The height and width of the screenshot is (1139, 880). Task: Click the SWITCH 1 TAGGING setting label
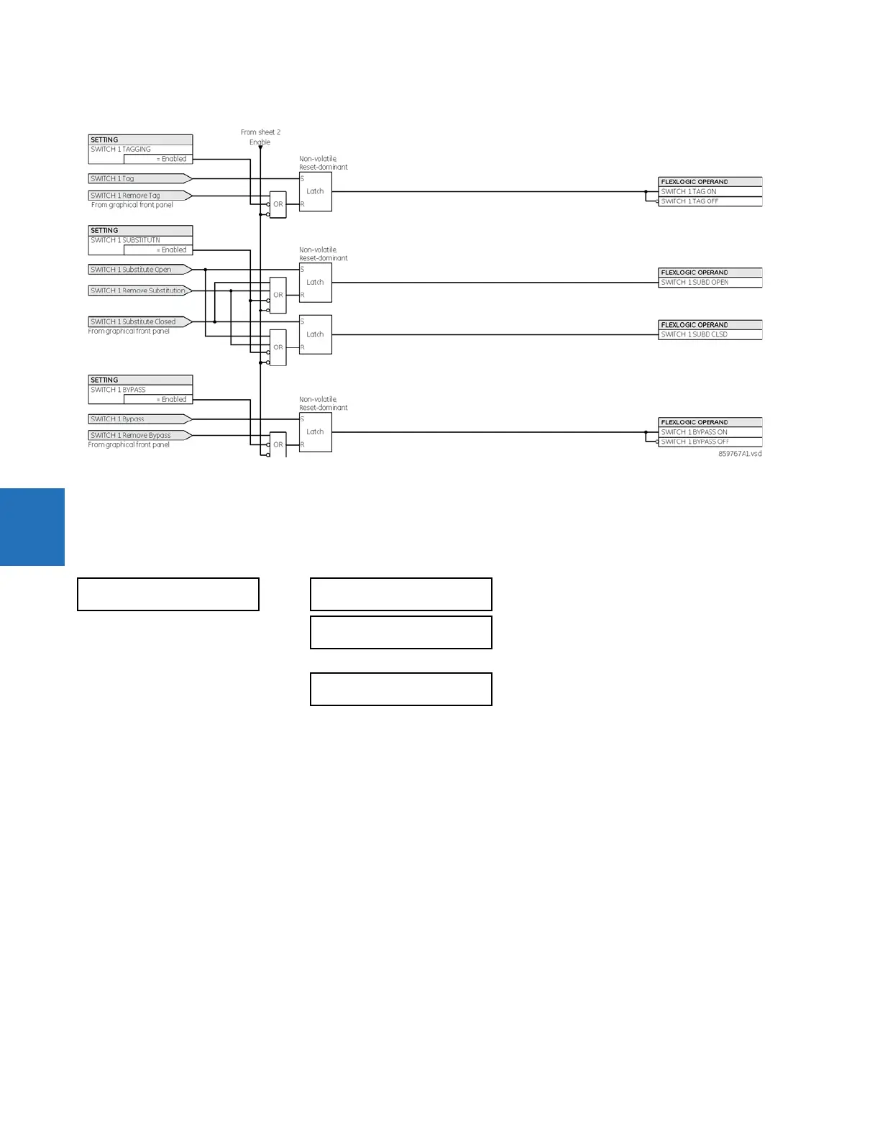pyautogui.click(x=121, y=150)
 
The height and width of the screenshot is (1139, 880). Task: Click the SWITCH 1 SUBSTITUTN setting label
pyautogui.click(x=126, y=240)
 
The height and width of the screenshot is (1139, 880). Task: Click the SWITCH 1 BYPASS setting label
pyautogui.click(x=119, y=390)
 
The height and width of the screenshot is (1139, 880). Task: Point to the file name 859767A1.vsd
pyautogui.click(x=740, y=454)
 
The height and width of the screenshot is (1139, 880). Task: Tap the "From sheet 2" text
pyautogui.click(x=260, y=132)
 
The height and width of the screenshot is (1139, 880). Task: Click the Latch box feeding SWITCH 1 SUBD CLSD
pyautogui.click(x=316, y=334)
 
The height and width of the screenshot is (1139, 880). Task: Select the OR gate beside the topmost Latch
pyautogui.click(x=278, y=204)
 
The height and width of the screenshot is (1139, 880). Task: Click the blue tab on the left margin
pyautogui.click(x=32, y=527)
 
